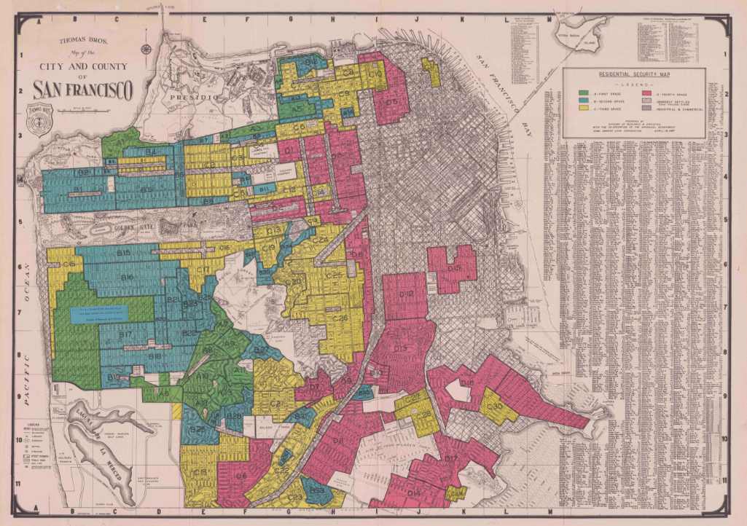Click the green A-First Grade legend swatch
(x=583, y=95)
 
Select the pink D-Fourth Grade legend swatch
(x=645, y=95)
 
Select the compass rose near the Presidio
(x=146, y=50)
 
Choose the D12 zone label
(x=407, y=294)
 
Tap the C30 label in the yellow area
(x=294, y=282)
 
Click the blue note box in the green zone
(x=99, y=313)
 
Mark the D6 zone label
(x=241, y=476)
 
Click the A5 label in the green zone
(x=297, y=108)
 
